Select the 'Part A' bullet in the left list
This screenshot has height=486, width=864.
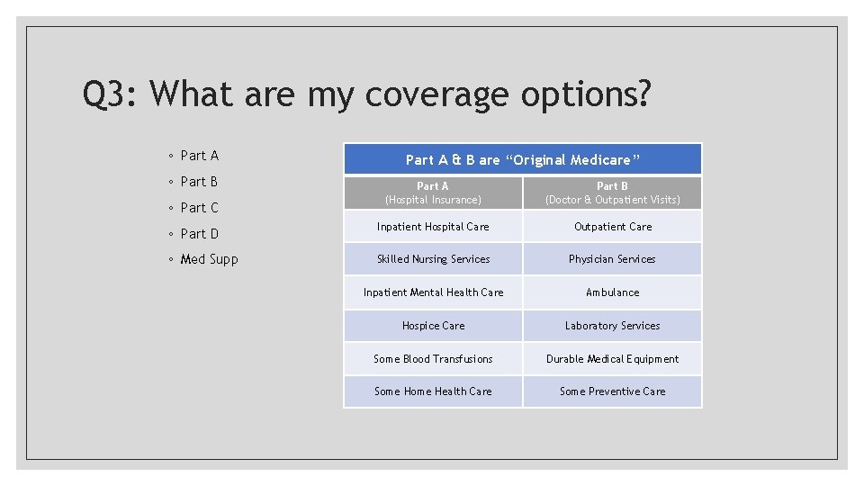[x=199, y=156]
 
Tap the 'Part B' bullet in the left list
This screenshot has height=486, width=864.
[x=199, y=182]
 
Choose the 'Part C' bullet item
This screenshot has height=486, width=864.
[x=199, y=208]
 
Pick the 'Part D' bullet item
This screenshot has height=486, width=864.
[x=199, y=234]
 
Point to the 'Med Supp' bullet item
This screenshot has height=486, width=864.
[x=209, y=259]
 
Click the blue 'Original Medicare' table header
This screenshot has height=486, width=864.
[x=522, y=159]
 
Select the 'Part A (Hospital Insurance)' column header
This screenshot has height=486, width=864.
[x=433, y=193]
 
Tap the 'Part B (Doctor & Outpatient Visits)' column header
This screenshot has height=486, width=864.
[x=612, y=193]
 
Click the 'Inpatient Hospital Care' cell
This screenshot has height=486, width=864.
[x=433, y=227]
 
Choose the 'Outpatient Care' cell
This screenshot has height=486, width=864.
[x=612, y=227]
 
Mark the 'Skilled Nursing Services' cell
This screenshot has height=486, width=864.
[x=433, y=259]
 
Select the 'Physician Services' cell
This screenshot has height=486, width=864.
[x=612, y=259]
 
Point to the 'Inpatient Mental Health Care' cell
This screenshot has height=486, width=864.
[x=433, y=292]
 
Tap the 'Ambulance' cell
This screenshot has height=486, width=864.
[x=612, y=292]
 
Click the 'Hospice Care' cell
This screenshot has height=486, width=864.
[x=433, y=326]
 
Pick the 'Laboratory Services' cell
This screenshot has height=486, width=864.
[x=612, y=326]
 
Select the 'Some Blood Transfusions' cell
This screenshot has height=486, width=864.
[x=433, y=359]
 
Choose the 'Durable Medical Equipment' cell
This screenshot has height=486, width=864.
[x=612, y=359]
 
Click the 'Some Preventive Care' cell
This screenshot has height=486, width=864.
[x=612, y=391]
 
